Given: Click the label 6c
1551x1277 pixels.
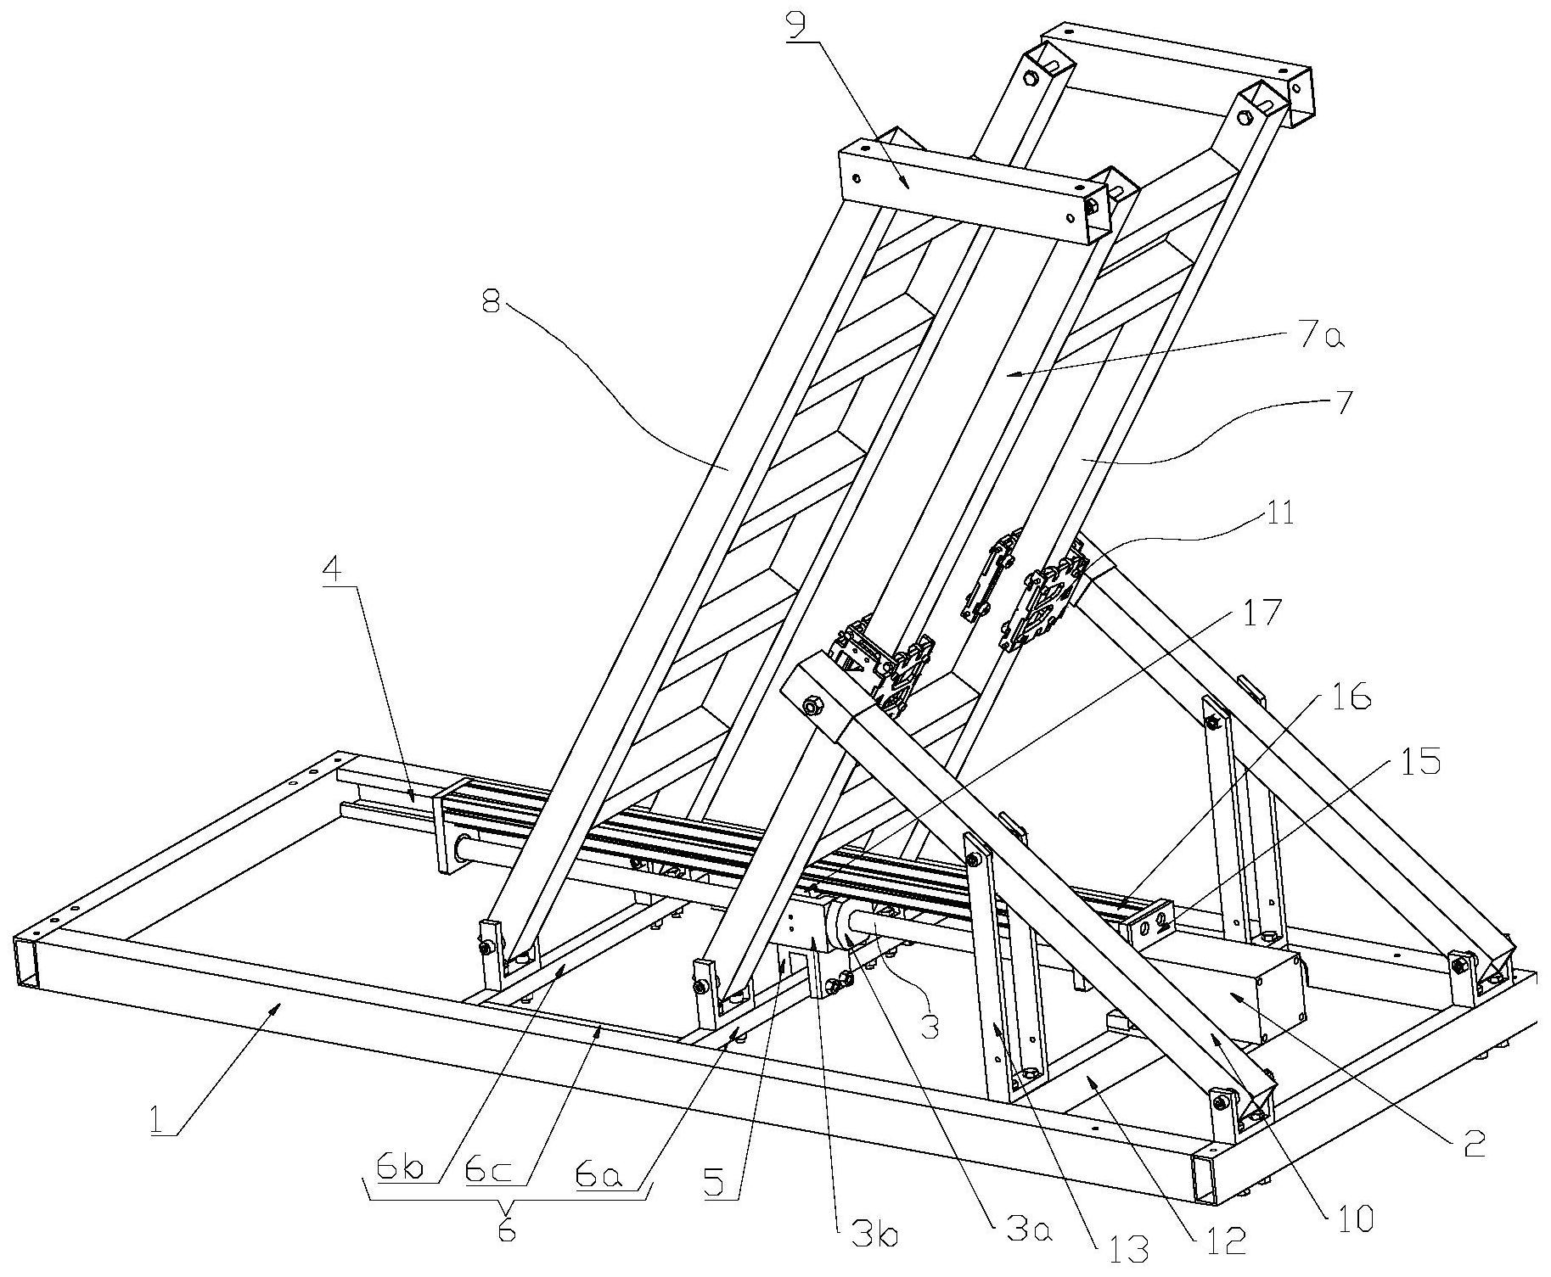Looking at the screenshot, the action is (x=486, y=1171).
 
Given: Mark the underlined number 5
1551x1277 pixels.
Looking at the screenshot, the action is (x=715, y=1180).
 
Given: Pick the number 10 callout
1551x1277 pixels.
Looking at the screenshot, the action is (x=1355, y=1219).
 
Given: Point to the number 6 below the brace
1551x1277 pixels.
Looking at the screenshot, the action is (x=507, y=1231).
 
